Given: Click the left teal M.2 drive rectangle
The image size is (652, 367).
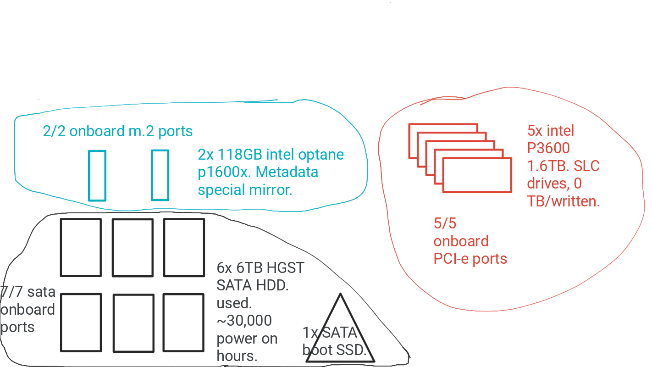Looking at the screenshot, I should tap(97, 176).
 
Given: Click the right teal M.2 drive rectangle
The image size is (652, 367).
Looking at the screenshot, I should tap(160, 175).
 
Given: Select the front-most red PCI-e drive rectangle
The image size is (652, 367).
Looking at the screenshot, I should tap(477, 175).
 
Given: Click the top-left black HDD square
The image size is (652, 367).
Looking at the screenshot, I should tap(81, 247).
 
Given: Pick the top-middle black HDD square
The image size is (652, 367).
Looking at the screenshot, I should tap(133, 248).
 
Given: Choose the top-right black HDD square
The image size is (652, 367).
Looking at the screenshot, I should tap(184, 247).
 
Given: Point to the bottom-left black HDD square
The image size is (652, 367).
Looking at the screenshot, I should tap(81, 323).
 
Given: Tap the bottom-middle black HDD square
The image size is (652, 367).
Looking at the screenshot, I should tap(133, 323).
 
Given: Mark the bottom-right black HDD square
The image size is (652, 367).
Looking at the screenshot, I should tap(183, 323).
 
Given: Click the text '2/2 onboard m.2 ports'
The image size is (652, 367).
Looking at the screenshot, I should tap(118, 131).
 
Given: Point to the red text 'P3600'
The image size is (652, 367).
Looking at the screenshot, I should tap(548, 148).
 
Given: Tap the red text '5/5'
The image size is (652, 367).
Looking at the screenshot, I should tap(445, 223).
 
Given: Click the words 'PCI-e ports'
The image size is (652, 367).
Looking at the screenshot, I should tap(470, 259).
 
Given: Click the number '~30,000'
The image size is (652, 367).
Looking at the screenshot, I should tap(244, 321).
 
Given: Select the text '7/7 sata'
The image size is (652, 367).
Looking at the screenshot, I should tap(28, 292).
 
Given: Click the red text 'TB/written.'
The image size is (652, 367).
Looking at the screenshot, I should tap(564, 201).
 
